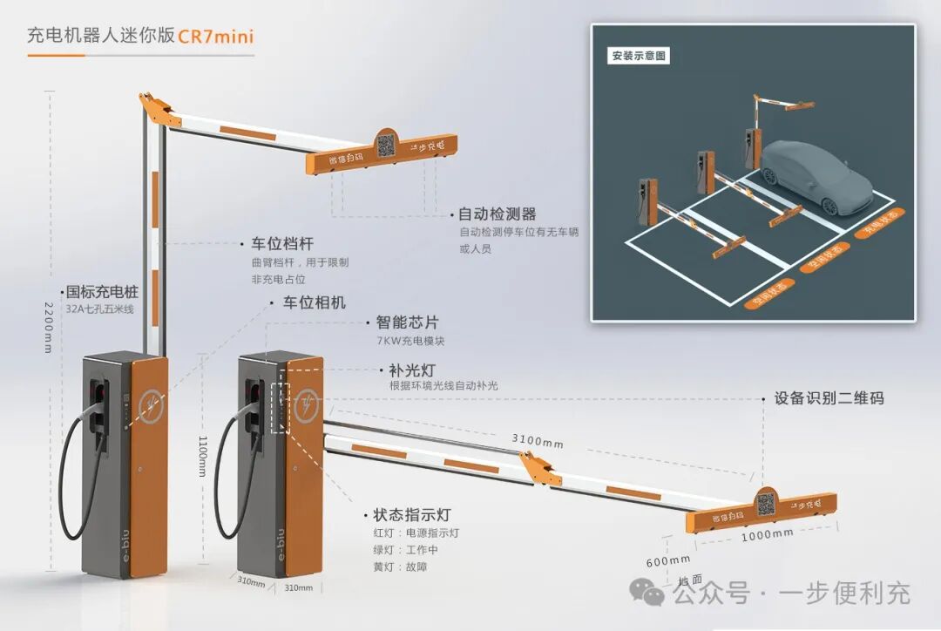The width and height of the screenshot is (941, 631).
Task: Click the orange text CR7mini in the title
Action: click(x=216, y=37)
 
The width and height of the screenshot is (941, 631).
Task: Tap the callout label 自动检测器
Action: click(x=497, y=214)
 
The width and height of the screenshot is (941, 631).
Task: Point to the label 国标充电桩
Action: click(x=101, y=292)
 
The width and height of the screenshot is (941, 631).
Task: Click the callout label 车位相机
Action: click(x=314, y=302)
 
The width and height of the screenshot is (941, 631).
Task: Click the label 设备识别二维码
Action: click(x=829, y=398)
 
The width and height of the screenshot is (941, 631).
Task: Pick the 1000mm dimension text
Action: click(x=767, y=533)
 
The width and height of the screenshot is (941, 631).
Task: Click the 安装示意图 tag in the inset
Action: click(x=639, y=56)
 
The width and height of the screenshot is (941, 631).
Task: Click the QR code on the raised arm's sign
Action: click(x=387, y=143)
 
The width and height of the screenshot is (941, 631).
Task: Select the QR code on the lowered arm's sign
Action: click(x=765, y=502)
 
